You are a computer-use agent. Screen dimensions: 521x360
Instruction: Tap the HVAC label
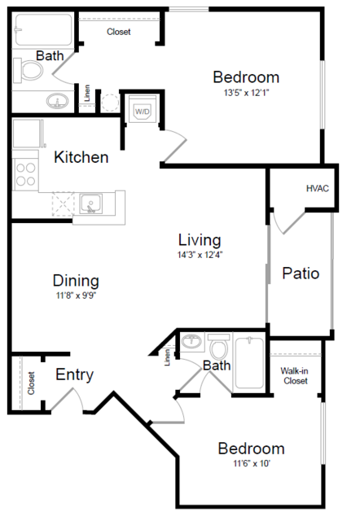(x=318, y=189)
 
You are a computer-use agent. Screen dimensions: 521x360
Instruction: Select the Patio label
(x=301, y=274)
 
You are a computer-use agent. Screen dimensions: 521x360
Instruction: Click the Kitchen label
(x=81, y=157)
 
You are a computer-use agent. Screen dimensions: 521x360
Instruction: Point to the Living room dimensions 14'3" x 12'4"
(x=200, y=254)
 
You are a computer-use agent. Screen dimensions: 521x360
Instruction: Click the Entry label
(x=74, y=375)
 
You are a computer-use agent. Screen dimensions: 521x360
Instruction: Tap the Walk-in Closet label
(x=295, y=375)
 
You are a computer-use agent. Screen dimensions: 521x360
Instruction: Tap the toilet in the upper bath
(x=31, y=72)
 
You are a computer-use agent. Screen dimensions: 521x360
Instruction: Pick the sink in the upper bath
(x=57, y=103)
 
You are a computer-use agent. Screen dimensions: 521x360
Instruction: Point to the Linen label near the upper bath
(x=86, y=95)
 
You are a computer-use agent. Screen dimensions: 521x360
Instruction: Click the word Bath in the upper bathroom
(x=50, y=55)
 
